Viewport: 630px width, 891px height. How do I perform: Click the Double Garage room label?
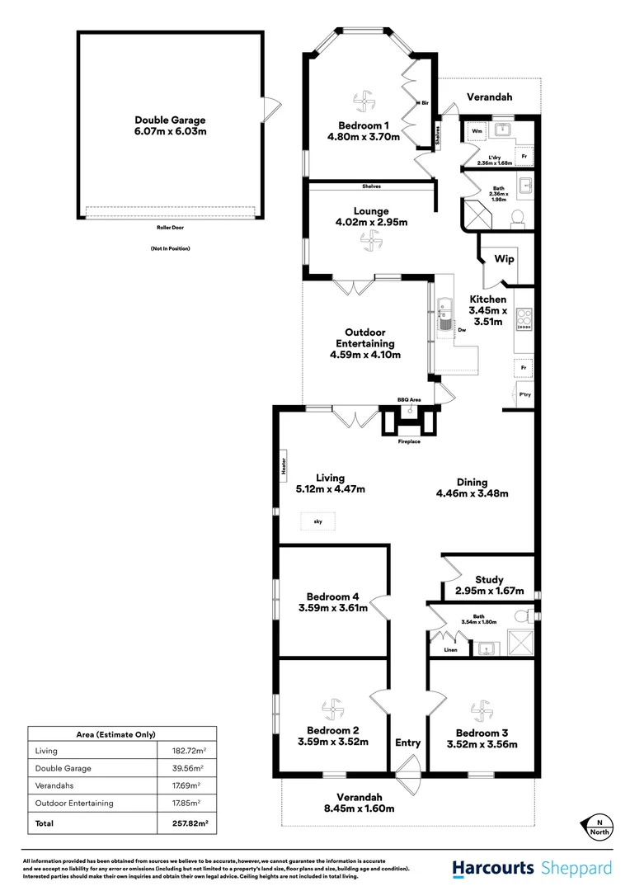[x=170, y=125]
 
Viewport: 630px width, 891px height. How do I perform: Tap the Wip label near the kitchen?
[x=504, y=259]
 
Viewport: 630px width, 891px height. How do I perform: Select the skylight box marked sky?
[x=317, y=521]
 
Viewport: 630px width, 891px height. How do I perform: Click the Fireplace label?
[x=409, y=442]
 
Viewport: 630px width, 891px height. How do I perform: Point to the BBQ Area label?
[x=409, y=400]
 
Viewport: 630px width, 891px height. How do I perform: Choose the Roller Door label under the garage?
[x=169, y=227]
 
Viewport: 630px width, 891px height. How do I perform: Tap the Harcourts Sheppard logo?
[x=532, y=868]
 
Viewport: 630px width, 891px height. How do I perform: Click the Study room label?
[x=489, y=580]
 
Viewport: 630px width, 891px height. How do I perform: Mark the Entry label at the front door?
[x=407, y=742]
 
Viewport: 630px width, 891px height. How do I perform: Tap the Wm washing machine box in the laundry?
[x=477, y=131]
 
